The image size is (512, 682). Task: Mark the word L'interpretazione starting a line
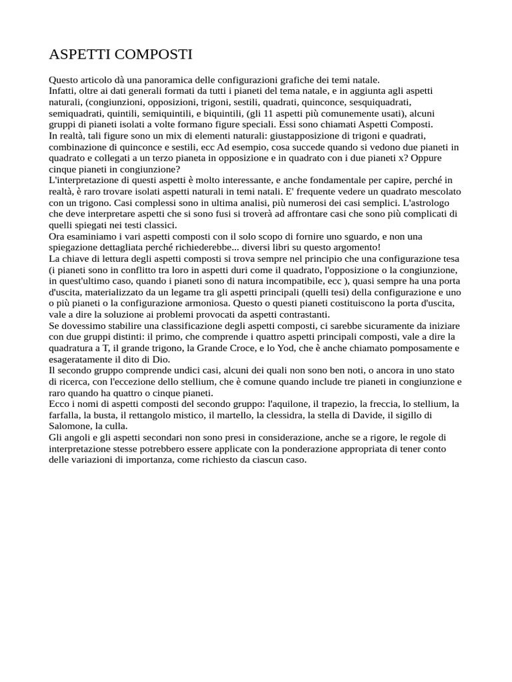point(84,180)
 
